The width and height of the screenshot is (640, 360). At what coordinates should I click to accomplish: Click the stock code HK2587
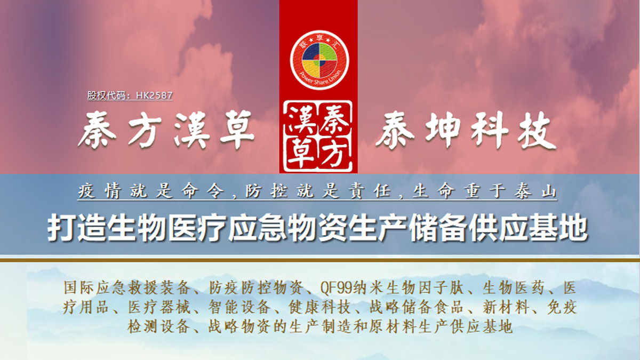pyautogui.click(x=154, y=95)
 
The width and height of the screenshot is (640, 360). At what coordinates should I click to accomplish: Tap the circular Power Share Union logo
pyautogui.click(x=319, y=60)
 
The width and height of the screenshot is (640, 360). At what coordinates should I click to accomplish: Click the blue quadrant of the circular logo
pyautogui.click(x=311, y=51)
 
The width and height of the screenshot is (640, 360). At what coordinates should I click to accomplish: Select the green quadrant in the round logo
pyautogui.click(x=329, y=51)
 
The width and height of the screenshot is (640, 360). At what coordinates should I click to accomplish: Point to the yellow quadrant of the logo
pyautogui.click(x=311, y=69)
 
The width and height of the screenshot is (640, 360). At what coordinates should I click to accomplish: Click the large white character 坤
pyautogui.click(x=443, y=130)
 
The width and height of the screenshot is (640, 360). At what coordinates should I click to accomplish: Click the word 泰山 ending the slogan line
pyautogui.click(x=535, y=190)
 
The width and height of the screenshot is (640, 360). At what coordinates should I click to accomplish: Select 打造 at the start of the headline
pyautogui.click(x=77, y=229)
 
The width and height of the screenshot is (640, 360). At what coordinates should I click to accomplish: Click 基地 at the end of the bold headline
pyautogui.click(x=558, y=229)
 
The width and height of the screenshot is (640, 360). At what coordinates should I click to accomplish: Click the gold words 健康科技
pyautogui.click(x=319, y=307)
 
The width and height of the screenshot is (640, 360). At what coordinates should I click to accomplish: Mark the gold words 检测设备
pyautogui.click(x=158, y=326)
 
